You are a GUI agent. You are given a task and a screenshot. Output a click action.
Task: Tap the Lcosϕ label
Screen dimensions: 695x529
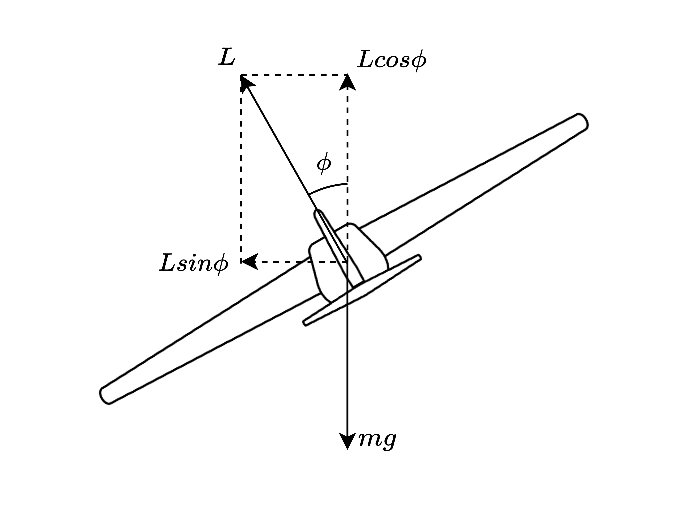click(392, 61)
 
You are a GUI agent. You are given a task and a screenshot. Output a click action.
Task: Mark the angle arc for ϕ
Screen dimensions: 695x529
click(328, 187)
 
